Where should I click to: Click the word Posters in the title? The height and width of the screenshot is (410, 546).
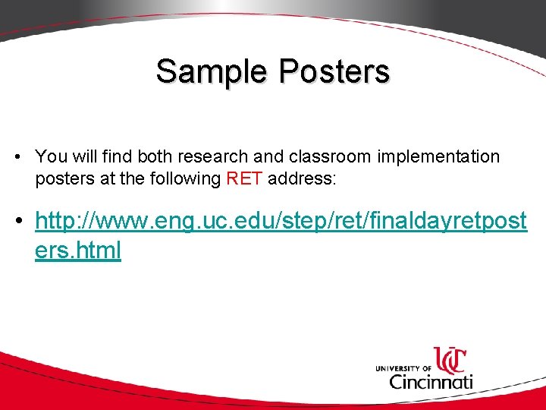pyautogui.click(x=334, y=72)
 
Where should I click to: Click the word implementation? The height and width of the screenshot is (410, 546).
pyautogui.click(x=437, y=157)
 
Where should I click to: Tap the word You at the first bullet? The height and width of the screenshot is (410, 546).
pyautogui.click(x=51, y=157)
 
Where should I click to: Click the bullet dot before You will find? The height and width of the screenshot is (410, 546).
pyautogui.click(x=17, y=158)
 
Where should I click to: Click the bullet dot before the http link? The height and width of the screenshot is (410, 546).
pyautogui.click(x=17, y=222)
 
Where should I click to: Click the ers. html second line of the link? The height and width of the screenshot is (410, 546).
pyautogui.click(x=77, y=251)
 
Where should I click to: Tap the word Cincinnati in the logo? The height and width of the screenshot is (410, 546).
pyautogui.click(x=430, y=380)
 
